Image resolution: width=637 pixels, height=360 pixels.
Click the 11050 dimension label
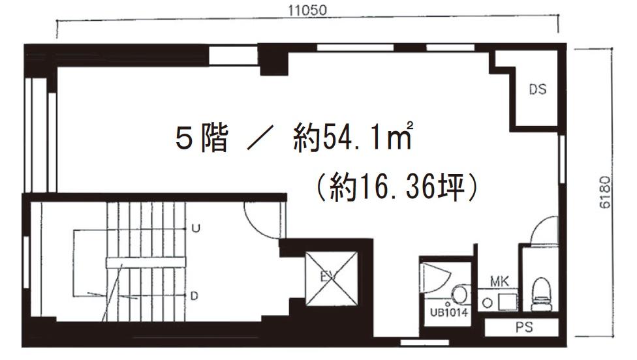(x=307, y=10)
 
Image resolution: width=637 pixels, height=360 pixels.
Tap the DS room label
(x=537, y=90)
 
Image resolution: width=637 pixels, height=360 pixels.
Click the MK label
(x=499, y=282)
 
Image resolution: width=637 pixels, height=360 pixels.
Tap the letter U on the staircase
(x=194, y=228)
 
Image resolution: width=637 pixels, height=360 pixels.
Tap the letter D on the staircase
(x=194, y=296)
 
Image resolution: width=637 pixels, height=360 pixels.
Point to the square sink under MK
(x=505, y=302)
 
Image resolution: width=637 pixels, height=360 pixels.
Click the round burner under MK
(x=488, y=303)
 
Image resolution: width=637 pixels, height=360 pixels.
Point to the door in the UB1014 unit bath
(x=433, y=277)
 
